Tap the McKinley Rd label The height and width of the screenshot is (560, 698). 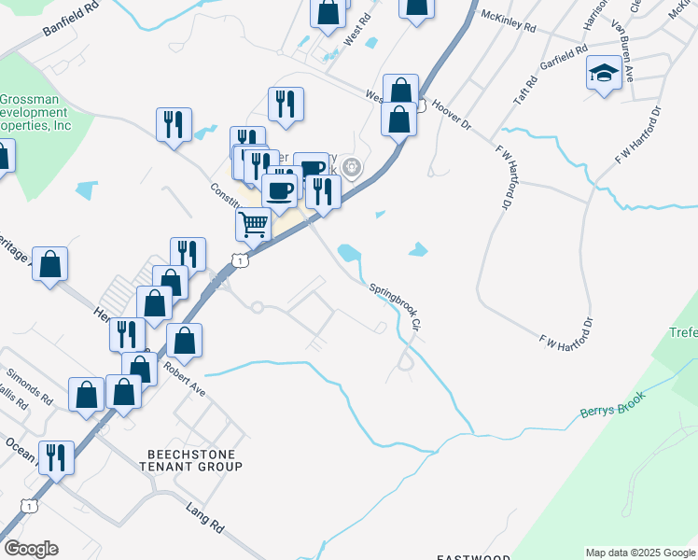coord(508,21)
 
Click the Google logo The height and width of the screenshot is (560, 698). coord(31,548)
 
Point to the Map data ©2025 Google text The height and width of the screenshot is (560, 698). coord(639,553)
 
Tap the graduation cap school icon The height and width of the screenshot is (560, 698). coord(604,74)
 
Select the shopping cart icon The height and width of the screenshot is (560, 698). coord(253,223)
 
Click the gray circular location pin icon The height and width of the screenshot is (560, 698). coord(352,168)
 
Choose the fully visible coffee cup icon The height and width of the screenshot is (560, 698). coord(279,190)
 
